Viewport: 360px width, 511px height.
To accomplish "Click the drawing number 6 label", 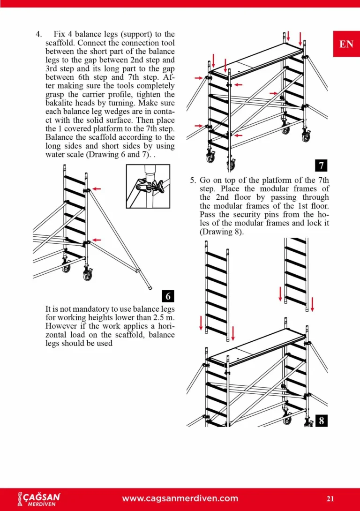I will (x=168, y=296).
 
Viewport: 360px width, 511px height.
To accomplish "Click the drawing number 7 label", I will (x=321, y=165).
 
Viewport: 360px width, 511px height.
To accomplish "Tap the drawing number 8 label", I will (x=321, y=421).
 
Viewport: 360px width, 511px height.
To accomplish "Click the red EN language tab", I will (x=346, y=44).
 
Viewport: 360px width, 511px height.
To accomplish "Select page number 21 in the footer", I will (x=330, y=498).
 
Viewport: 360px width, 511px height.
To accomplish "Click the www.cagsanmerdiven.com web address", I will (x=180, y=498).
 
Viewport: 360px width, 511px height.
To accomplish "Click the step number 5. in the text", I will (x=193, y=180).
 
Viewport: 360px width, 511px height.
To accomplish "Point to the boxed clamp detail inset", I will (x=148, y=187).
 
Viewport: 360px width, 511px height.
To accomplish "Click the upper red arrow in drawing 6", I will (x=97, y=188).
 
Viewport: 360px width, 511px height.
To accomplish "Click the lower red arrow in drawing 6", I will (x=97, y=240).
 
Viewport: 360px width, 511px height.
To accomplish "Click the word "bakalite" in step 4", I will (x=60, y=103).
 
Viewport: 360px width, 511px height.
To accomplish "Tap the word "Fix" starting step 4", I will (x=60, y=34).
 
